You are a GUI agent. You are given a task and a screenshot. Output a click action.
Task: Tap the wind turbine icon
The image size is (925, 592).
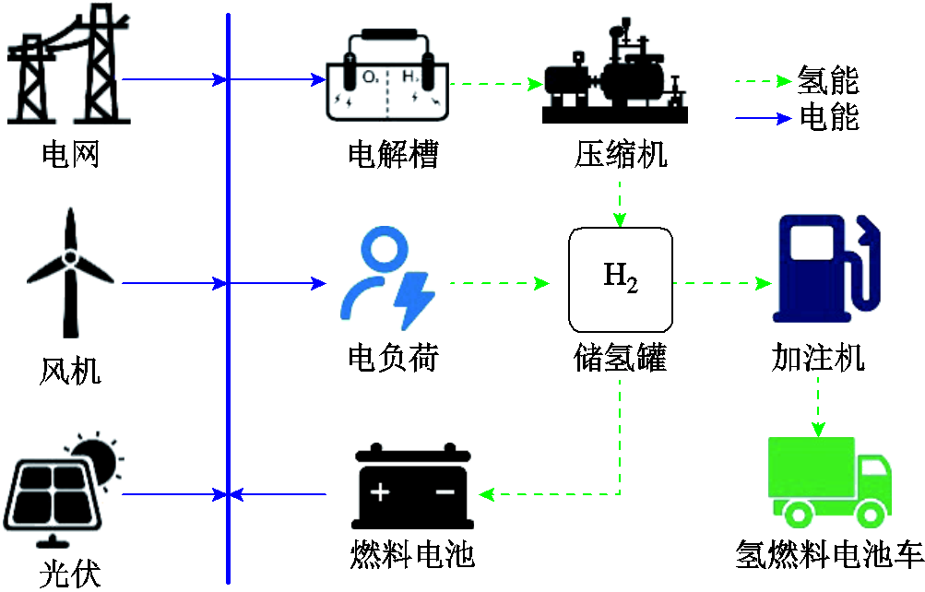[70, 274]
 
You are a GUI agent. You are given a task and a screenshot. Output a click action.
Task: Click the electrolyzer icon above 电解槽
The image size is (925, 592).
[387, 78]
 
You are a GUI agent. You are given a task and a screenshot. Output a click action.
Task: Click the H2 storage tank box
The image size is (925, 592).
[620, 278]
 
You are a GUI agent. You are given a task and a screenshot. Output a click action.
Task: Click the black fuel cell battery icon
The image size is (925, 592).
[413, 489]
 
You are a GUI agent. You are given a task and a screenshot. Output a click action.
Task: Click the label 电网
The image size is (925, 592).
[70, 153]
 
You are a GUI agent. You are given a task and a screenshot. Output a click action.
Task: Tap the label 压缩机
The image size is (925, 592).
[620, 153]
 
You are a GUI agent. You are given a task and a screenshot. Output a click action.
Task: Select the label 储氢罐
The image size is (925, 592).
[620, 357]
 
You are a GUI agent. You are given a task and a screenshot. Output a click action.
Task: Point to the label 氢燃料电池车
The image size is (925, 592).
[829, 555]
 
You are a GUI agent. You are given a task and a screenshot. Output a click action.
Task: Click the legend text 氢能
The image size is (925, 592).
[828, 81]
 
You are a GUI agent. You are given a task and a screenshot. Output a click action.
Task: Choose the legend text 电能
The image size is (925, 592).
[828, 117]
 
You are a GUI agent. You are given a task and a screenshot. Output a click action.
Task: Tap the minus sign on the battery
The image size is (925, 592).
[445, 492]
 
